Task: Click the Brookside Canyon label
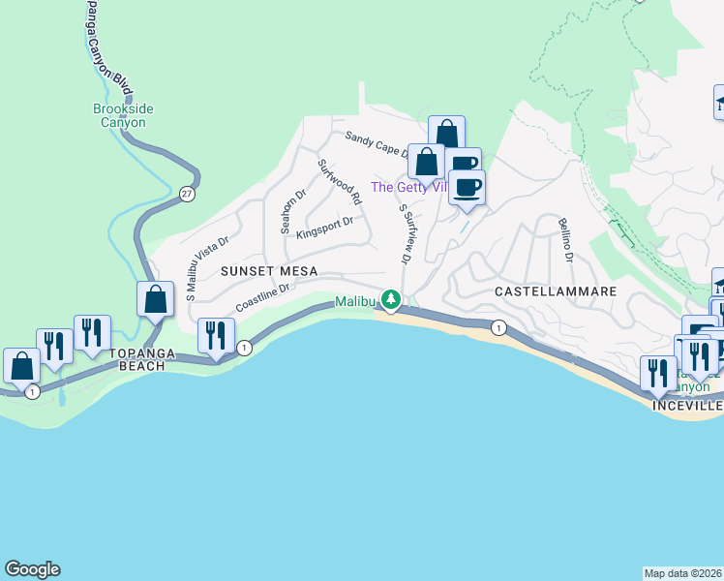pyautogui.click(x=120, y=116)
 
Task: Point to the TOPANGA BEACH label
pyautogui.click(x=145, y=360)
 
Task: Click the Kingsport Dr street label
pyautogui.click(x=325, y=229)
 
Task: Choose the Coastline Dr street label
pyautogui.click(x=262, y=296)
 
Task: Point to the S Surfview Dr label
pyautogui.click(x=405, y=233)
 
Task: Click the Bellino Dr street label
pyautogui.click(x=565, y=241)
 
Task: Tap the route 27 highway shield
pyautogui.click(x=187, y=194)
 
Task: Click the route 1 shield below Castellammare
pyautogui.click(x=498, y=327)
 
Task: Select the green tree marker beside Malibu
pyautogui.click(x=391, y=301)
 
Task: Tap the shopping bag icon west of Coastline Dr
pyautogui.click(x=156, y=301)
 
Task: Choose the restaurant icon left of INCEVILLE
pyautogui.click(x=657, y=373)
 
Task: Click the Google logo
pyautogui.click(x=32, y=569)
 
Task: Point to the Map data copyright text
pyautogui.click(x=683, y=572)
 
